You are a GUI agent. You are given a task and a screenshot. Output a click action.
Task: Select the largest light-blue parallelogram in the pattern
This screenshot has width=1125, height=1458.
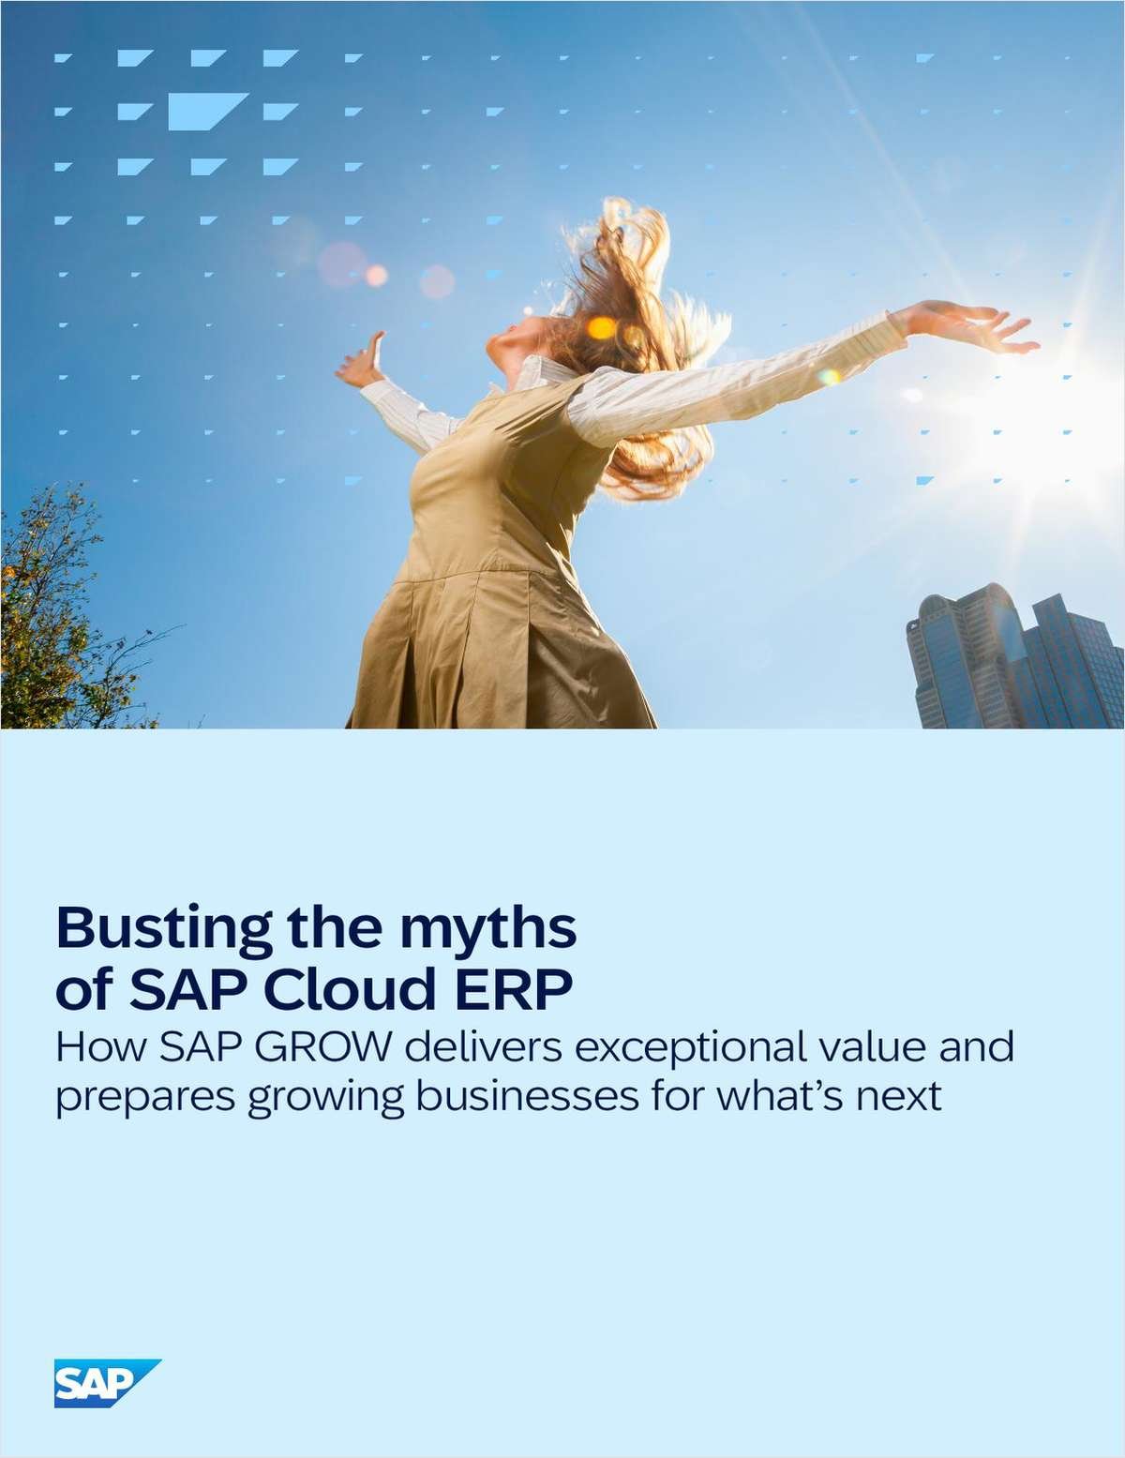(208, 111)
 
